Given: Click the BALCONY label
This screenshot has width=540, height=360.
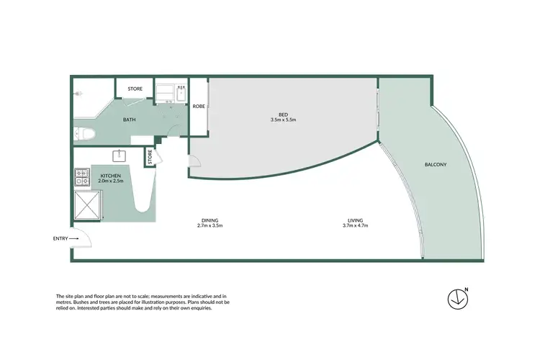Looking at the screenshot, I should point(436,165).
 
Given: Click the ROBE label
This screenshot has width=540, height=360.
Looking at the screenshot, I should point(198,107).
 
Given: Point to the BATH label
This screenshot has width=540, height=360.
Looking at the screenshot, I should point(130,120).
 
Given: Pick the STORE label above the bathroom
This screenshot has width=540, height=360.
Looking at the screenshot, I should point(135,89).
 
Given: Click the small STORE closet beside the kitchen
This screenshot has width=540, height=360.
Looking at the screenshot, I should point(150,157).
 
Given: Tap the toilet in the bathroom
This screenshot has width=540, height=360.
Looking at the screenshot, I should point(82,134).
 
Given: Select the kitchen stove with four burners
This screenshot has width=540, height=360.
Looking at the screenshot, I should point(80,175).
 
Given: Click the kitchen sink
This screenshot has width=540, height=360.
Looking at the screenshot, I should point(118,155).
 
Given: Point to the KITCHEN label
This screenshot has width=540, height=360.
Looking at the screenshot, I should point(110,176).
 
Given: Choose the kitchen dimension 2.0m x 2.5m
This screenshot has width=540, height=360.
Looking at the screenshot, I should point(111,181).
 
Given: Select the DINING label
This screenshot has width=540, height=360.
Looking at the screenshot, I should point(210,220).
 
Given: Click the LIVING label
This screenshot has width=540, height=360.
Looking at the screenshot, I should point(355,220).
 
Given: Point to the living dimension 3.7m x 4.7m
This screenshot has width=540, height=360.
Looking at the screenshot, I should point(355,226).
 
